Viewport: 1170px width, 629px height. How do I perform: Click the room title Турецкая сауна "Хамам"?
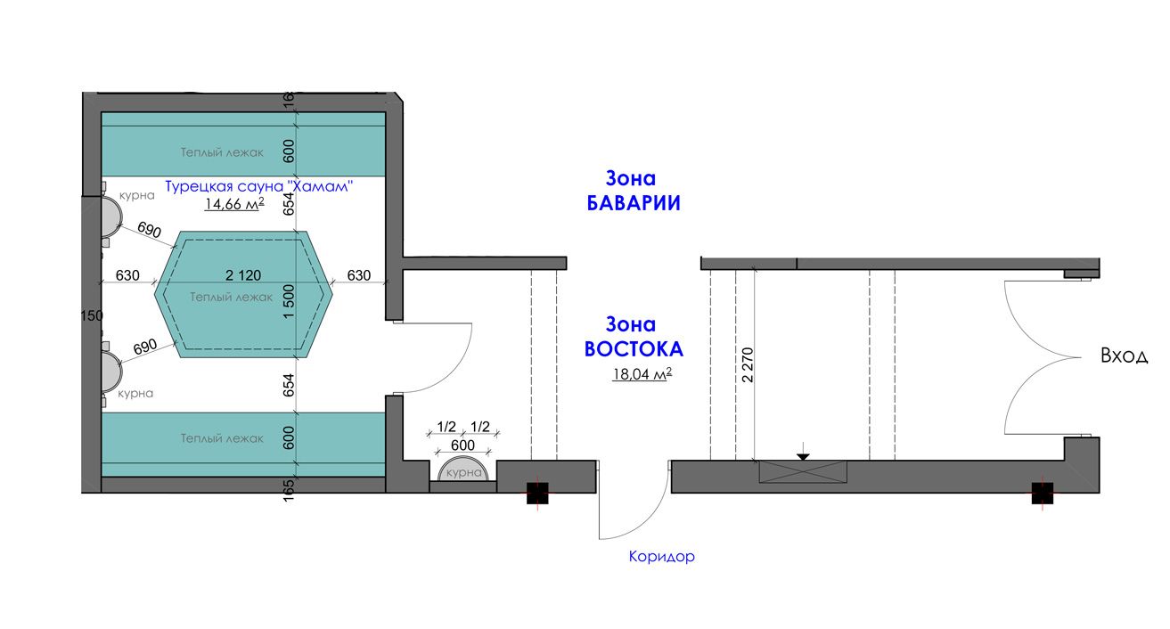coord(259,186)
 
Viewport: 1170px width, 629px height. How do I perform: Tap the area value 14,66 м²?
coord(234,204)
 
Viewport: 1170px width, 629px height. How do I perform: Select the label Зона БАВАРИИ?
coord(633,191)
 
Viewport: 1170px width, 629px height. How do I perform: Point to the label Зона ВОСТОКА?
coord(634,337)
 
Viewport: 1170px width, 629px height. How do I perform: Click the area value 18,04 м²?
coord(642,374)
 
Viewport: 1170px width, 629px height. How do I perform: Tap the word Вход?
coord(1124,355)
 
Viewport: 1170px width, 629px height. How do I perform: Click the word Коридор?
coord(662,556)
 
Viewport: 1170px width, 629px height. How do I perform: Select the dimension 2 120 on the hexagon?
coord(243,275)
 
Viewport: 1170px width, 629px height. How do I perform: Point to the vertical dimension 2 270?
coord(748,364)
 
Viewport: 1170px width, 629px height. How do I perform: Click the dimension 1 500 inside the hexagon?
coord(289,301)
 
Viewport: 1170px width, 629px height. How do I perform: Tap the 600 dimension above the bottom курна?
coord(462,445)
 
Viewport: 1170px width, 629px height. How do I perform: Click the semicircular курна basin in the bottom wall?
coord(463,470)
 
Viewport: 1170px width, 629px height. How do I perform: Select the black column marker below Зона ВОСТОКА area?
coord(537,494)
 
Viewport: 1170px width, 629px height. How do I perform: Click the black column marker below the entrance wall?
coord(1043,494)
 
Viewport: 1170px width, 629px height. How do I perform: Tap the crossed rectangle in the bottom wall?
coord(803,472)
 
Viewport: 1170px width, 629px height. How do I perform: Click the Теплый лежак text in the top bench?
coord(222,152)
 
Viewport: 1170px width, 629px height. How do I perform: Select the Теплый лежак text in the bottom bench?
coord(222,438)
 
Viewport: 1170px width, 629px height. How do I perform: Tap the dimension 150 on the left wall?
coord(92,315)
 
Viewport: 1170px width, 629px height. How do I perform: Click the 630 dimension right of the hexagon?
coord(359,275)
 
